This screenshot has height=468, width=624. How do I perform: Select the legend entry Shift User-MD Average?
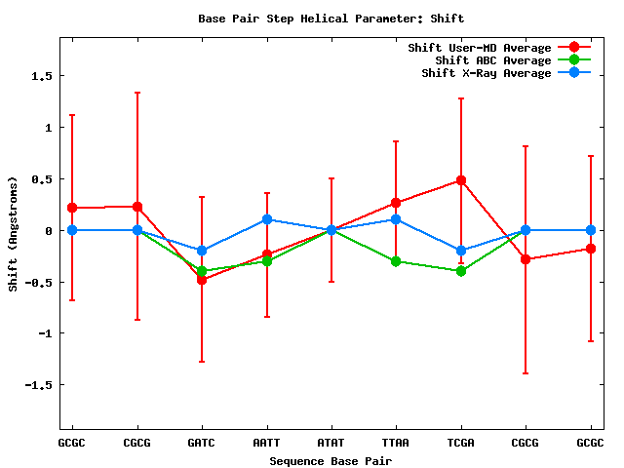tap(479, 48)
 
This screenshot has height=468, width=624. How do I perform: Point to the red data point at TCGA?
tap(461, 180)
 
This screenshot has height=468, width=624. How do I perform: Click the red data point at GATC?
tap(202, 280)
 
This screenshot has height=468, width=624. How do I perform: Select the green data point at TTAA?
tap(396, 261)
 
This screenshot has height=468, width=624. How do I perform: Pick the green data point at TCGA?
tap(461, 271)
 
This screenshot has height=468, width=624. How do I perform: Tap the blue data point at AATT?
tap(267, 219)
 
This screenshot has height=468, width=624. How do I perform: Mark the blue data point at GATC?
tap(202, 251)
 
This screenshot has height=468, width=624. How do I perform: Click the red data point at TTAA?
tap(396, 203)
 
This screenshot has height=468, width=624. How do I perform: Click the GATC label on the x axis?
tap(202, 443)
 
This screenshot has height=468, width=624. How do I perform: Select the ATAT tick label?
tap(331, 443)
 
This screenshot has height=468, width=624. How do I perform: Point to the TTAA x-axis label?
tap(396, 443)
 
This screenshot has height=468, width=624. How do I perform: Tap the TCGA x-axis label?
tap(461, 443)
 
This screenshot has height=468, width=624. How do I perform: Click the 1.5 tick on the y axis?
tap(40, 76)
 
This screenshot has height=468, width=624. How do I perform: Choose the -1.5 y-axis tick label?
tap(37, 385)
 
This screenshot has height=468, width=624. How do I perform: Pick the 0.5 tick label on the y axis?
tap(40, 179)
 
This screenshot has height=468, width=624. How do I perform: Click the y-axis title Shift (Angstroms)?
tap(13, 233)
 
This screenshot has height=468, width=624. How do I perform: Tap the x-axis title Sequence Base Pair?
tap(331, 459)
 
